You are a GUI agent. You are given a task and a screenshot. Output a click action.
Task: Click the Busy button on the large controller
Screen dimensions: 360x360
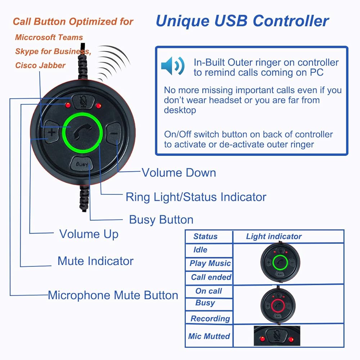tap(82, 164)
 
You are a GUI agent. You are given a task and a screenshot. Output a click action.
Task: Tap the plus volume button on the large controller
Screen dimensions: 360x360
tap(51, 132)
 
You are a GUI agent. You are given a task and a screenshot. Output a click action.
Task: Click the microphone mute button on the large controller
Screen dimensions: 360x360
tap(83, 101)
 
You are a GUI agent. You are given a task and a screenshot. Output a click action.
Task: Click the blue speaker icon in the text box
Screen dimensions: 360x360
tap(173, 66)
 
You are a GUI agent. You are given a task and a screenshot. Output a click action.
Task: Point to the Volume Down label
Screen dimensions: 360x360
tap(179, 173)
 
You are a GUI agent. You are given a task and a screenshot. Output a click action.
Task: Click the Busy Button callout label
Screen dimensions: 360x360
tap(161, 220)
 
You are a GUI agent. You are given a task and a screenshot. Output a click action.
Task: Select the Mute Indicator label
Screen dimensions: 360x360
tap(95, 261)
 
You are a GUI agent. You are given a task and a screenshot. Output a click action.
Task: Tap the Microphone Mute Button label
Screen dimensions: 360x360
tap(113, 295)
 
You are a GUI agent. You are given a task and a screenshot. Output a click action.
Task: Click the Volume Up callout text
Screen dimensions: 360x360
tap(89, 234)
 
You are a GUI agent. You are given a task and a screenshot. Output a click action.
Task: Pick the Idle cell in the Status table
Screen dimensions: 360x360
tap(201, 249)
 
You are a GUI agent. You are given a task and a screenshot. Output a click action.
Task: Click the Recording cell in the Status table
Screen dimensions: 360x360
tap(210, 319)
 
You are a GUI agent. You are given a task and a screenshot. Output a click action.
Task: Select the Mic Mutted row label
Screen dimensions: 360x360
tap(209, 336)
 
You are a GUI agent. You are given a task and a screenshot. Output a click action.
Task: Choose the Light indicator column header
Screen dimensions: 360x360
tap(274, 236)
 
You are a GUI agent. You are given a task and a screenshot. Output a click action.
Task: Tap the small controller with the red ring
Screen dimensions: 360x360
tap(278, 305)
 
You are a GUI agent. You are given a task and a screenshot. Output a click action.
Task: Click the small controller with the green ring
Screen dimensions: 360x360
tap(280, 262)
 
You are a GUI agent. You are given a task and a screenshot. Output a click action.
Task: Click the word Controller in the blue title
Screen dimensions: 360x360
tap(291, 21)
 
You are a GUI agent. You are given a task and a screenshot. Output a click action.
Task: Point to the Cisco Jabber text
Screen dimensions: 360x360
tap(40, 66)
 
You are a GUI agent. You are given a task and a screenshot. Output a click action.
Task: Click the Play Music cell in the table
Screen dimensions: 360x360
tap(210, 264)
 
